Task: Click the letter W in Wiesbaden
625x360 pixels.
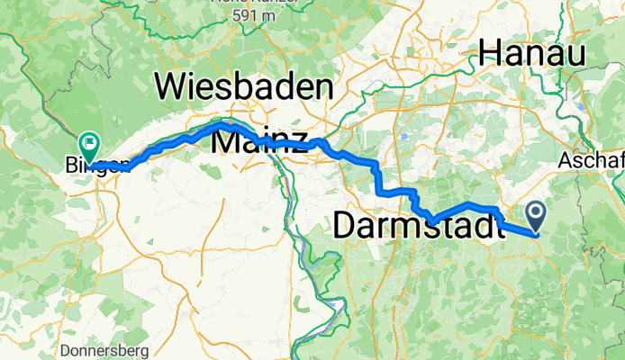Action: point(177,87)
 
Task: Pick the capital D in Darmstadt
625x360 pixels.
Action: point(345,226)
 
